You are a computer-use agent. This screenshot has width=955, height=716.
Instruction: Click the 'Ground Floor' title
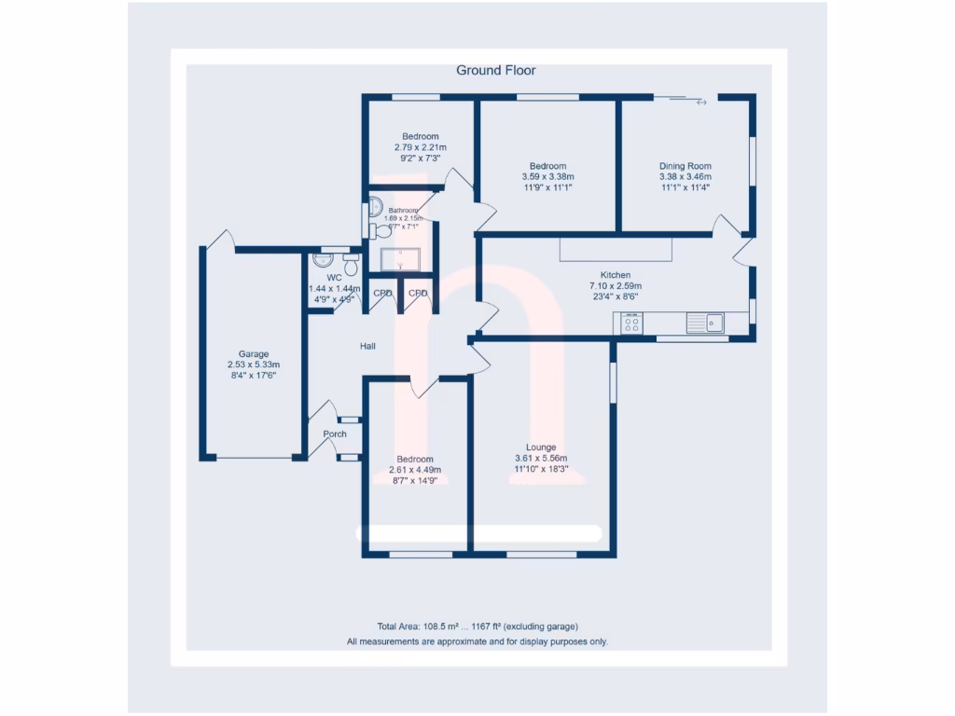click(x=495, y=70)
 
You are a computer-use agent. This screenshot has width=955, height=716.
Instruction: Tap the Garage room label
click(x=254, y=354)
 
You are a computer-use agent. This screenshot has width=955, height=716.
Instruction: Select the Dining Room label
click(x=685, y=166)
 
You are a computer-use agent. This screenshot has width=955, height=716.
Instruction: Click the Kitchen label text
click(x=615, y=275)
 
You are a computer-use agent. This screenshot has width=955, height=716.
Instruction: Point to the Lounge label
click(x=541, y=447)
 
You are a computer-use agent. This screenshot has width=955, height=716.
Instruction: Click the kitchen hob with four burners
click(x=631, y=324)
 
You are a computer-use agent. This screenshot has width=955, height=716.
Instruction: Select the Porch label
click(x=335, y=434)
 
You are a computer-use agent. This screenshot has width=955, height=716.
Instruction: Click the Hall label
click(x=368, y=347)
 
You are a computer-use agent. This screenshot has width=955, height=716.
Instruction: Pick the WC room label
click(x=334, y=278)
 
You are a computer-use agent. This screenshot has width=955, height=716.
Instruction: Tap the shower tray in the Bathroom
click(x=401, y=258)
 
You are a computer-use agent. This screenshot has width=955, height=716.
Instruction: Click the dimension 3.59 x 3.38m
click(x=547, y=177)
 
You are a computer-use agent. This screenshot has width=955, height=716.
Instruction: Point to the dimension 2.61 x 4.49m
click(x=415, y=470)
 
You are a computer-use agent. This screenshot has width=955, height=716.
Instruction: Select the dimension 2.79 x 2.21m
click(x=421, y=147)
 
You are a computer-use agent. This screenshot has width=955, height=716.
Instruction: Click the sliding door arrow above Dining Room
click(x=701, y=103)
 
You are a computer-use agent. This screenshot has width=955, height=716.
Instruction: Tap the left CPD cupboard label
click(x=382, y=293)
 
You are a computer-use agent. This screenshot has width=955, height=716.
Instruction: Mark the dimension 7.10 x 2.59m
click(x=615, y=286)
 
